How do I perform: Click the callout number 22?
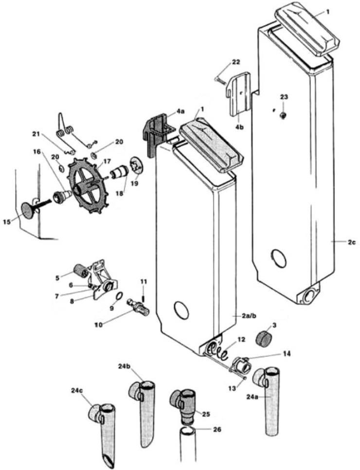coord(235,62)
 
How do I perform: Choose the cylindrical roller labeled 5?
coord(79,270)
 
